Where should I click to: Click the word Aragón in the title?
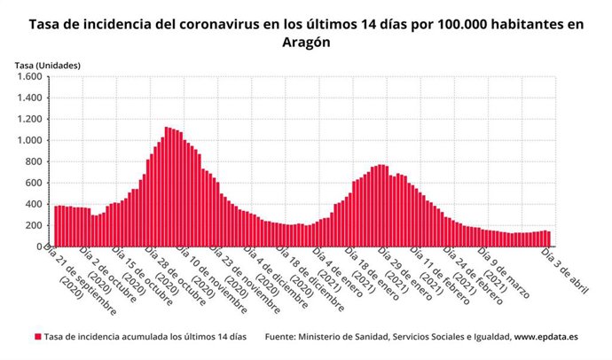point(306,43)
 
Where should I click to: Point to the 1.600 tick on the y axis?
point(27,76)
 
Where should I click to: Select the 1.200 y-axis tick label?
point(27,119)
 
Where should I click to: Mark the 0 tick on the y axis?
point(39,247)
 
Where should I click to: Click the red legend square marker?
point(38,338)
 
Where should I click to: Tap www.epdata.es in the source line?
point(551,338)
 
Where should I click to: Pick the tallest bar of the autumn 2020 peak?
point(167,186)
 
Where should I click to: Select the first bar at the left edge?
point(55,226)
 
